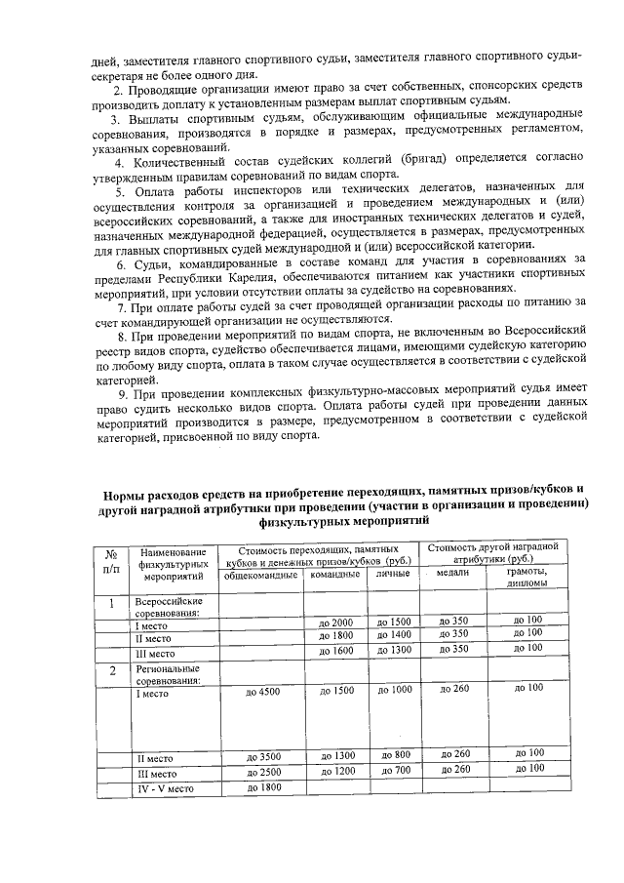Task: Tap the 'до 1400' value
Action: click(393, 634)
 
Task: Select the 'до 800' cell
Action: click(395, 754)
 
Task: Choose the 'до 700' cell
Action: click(395, 771)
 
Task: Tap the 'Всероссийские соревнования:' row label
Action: click(169, 608)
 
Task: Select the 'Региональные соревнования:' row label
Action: click(168, 675)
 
